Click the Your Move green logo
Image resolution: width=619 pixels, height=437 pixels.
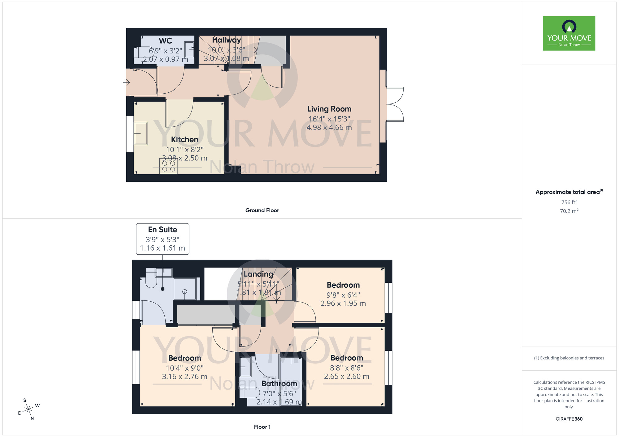click(x=569, y=33)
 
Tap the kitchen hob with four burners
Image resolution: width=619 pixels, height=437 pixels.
click(x=169, y=166)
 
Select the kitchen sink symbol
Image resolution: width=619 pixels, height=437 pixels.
click(x=141, y=133)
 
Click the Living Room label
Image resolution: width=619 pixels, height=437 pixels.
click(x=329, y=109)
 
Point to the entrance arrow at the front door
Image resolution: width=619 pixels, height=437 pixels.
click(x=126, y=82)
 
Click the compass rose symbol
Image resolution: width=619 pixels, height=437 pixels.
click(x=28, y=409)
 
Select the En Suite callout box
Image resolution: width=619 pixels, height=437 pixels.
click(x=162, y=239)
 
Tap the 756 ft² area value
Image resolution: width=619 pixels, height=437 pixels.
click(x=569, y=202)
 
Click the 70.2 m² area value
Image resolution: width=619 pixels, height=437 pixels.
click(x=569, y=211)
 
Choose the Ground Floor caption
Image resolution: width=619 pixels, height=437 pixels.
click(x=262, y=210)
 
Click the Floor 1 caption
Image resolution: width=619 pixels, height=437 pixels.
click(x=262, y=427)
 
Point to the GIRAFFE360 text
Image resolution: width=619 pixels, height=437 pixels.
click(x=569, y=419)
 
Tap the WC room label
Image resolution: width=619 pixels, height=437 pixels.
click(x=165, y=41)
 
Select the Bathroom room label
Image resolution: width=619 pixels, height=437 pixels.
click(x=279, y=384)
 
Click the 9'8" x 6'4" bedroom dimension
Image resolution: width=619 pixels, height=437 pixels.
click(x=343, y=295)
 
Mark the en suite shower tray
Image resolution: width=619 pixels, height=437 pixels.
click(x=185, y=289)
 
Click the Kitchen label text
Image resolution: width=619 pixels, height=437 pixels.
click(x=184, y=140)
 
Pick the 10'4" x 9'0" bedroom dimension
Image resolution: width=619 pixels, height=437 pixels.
click(x=184, y=368)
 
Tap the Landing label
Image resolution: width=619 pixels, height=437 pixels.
click(x=258, y=274)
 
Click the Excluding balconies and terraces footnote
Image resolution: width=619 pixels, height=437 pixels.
click(x=569, y=358)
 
